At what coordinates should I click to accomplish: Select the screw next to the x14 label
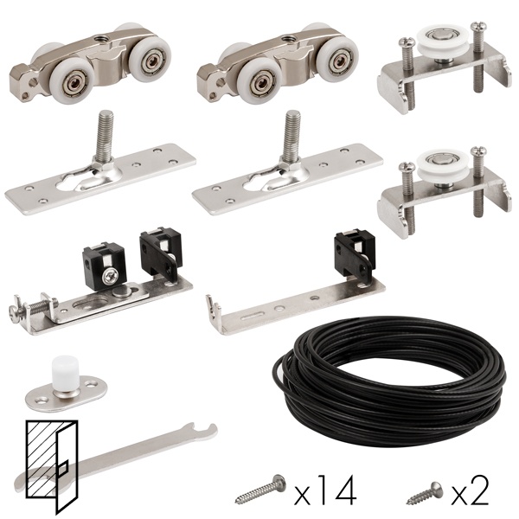(261, 490)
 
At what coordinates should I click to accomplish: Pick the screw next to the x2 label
(425, 493)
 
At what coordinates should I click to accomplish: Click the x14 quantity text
(325, 490)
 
